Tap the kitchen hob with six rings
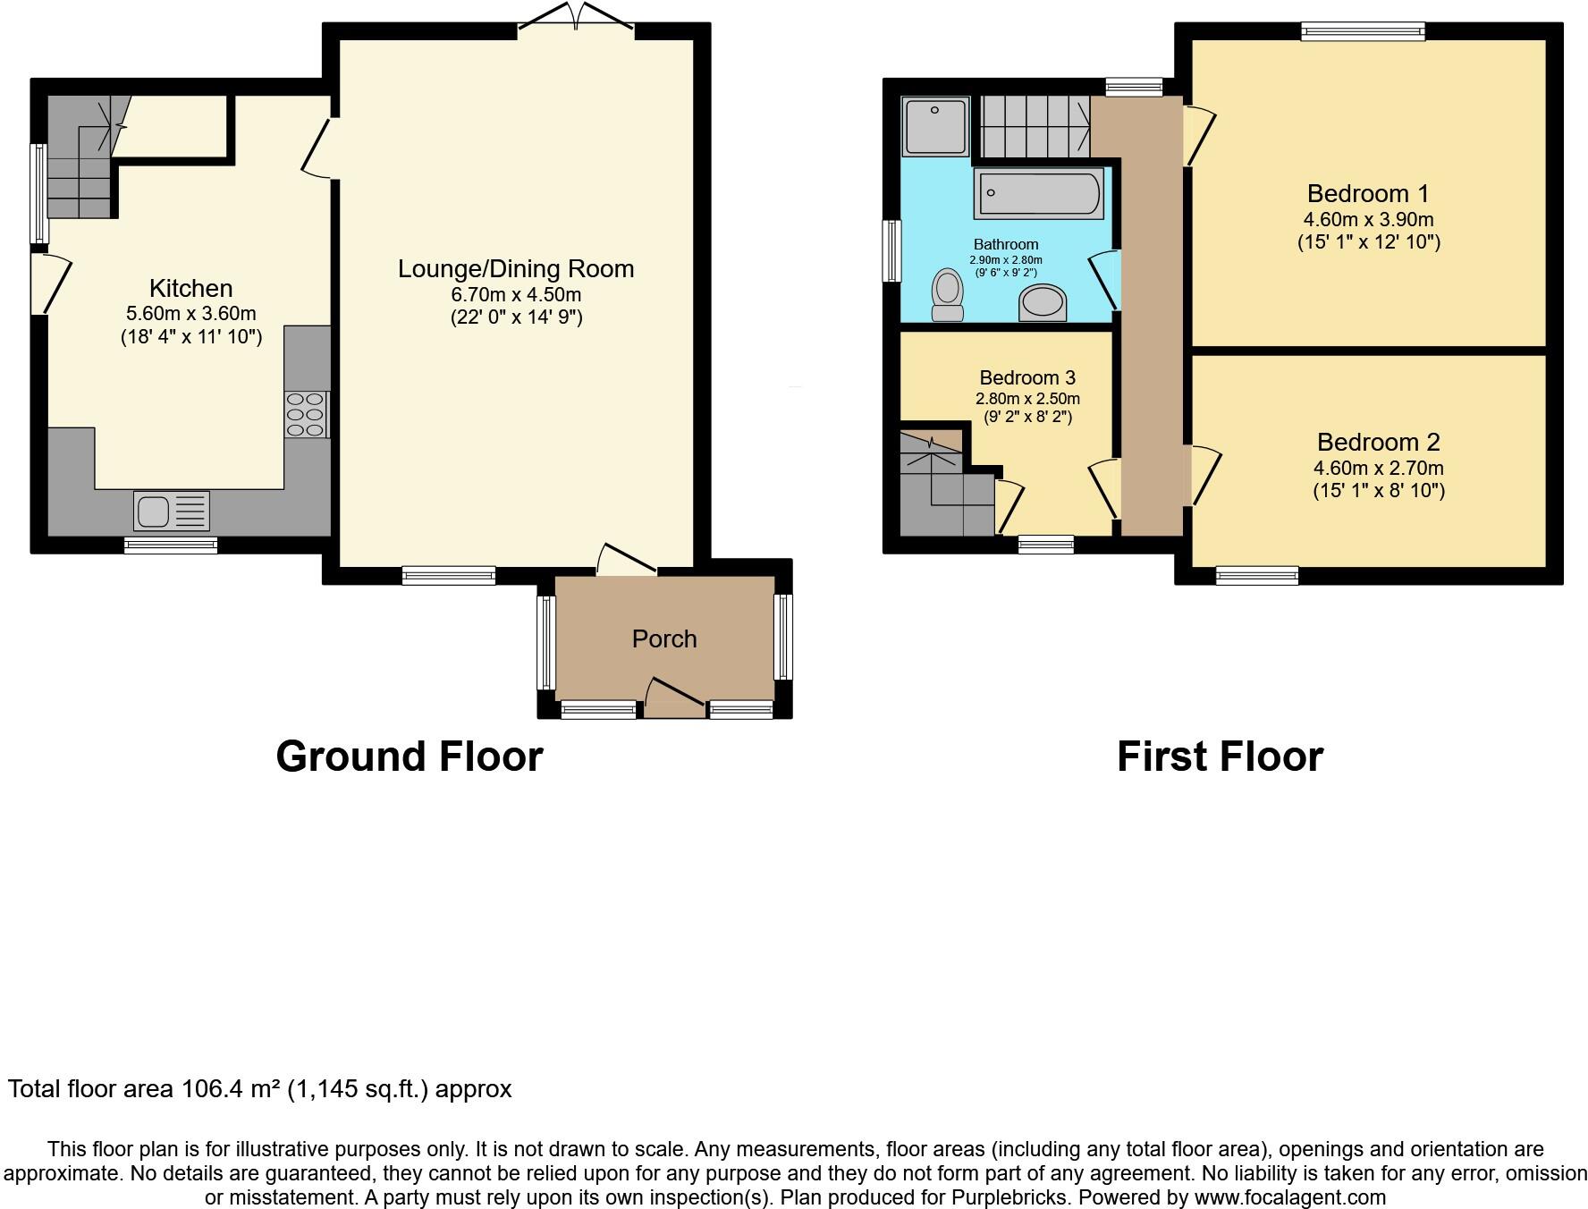pyautogui.click(x=306, y=415)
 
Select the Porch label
pyautogui.click(x=663, y=638)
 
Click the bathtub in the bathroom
pyautogui.click(x=1038, y=193)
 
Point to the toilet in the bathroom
pyautogui.click(x=947, y=294)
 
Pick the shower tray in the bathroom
pyautogui.click(x=935, y=126)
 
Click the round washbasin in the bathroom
pyautogui.click(x=1043, y=302)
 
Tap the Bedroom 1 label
pyautogui.click(x=1367, y=193)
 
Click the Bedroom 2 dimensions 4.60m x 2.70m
pyautogui.click(x=1378, y=468)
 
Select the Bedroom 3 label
pyautogui.click(x=1026, y=377)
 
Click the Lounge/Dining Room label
pyautogui.click(x=516, y=268)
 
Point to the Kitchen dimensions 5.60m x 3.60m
pyautogui.click(x=190, y=314)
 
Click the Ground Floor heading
pyautogui.click(x=409, y=757)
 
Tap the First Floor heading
pyautogui.click(x=1220, y=757)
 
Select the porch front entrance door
pyautogui.click(x=674, y=698)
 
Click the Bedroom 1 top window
pyautogui.click(x=1362, y=32)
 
